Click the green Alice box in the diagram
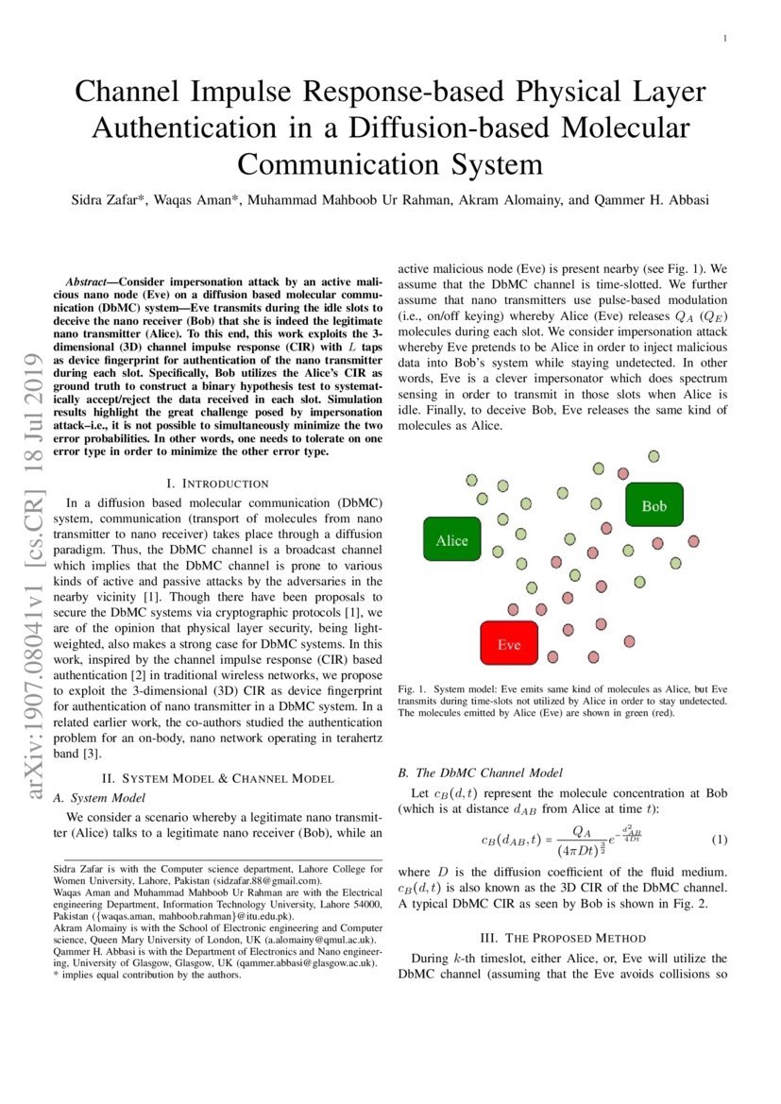click(x=451, y=540)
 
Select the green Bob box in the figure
click(x=654, y=506)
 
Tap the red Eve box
click(x=509, y=644)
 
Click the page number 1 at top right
click(x=724, y=39)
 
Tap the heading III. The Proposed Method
click(x=563, y=938)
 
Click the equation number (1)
click(x=719, y=840)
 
